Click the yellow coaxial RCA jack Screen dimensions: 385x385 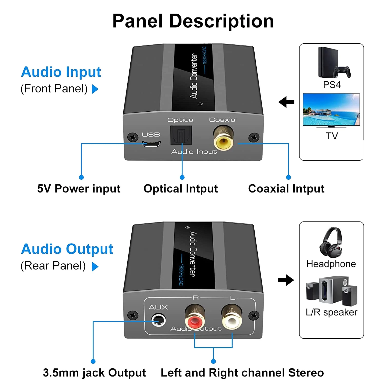(223, 141)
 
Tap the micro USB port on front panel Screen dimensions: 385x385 (151, 144)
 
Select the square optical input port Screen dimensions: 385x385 (181, 136)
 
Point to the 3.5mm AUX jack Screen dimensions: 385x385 (158, 320)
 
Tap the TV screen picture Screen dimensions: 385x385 (331, 110)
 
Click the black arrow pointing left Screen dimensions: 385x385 (286, 102)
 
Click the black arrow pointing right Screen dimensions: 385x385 (286, 280)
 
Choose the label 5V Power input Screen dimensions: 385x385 (79, 189)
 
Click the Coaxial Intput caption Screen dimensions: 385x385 (286, 189)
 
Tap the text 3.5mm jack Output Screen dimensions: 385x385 (94, 373)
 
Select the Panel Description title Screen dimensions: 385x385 (193, 21)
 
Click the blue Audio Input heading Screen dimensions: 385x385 (61, 72)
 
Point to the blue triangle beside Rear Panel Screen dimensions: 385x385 (95, 266)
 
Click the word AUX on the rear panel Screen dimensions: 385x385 (158, 307)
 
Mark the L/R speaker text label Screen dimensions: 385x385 (331, 312)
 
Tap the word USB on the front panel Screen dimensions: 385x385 (151, 134)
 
